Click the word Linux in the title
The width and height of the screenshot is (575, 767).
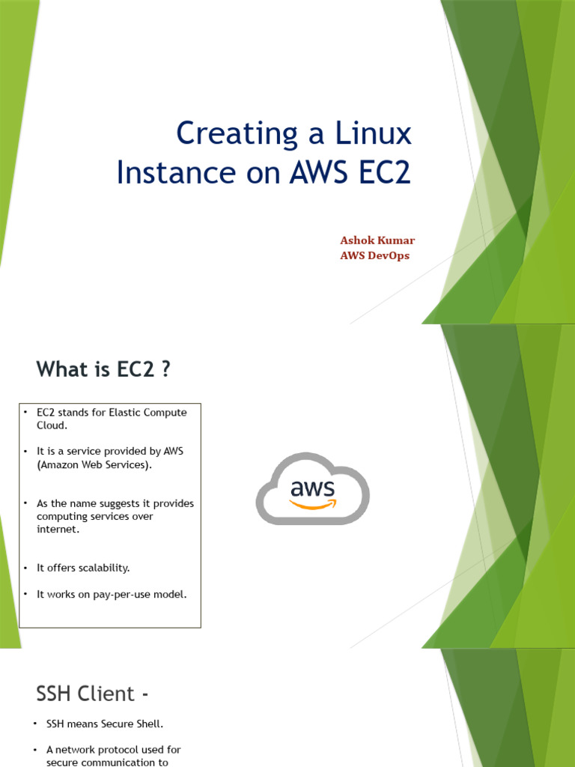[x=374, y=133]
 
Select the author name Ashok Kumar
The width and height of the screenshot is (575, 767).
[x=377, y=240]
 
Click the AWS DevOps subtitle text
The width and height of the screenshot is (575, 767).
[x=374, y=255]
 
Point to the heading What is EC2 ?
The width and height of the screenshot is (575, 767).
[x=103, y=369]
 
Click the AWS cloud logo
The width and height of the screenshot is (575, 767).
[x=312, y=489]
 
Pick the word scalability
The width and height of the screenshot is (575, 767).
[x=102, y=568]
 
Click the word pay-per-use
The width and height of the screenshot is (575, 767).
[x=120, y=594]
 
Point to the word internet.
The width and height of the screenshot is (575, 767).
[x=57, y=529]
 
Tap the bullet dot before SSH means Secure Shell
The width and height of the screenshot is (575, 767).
[x=34, y=724]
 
